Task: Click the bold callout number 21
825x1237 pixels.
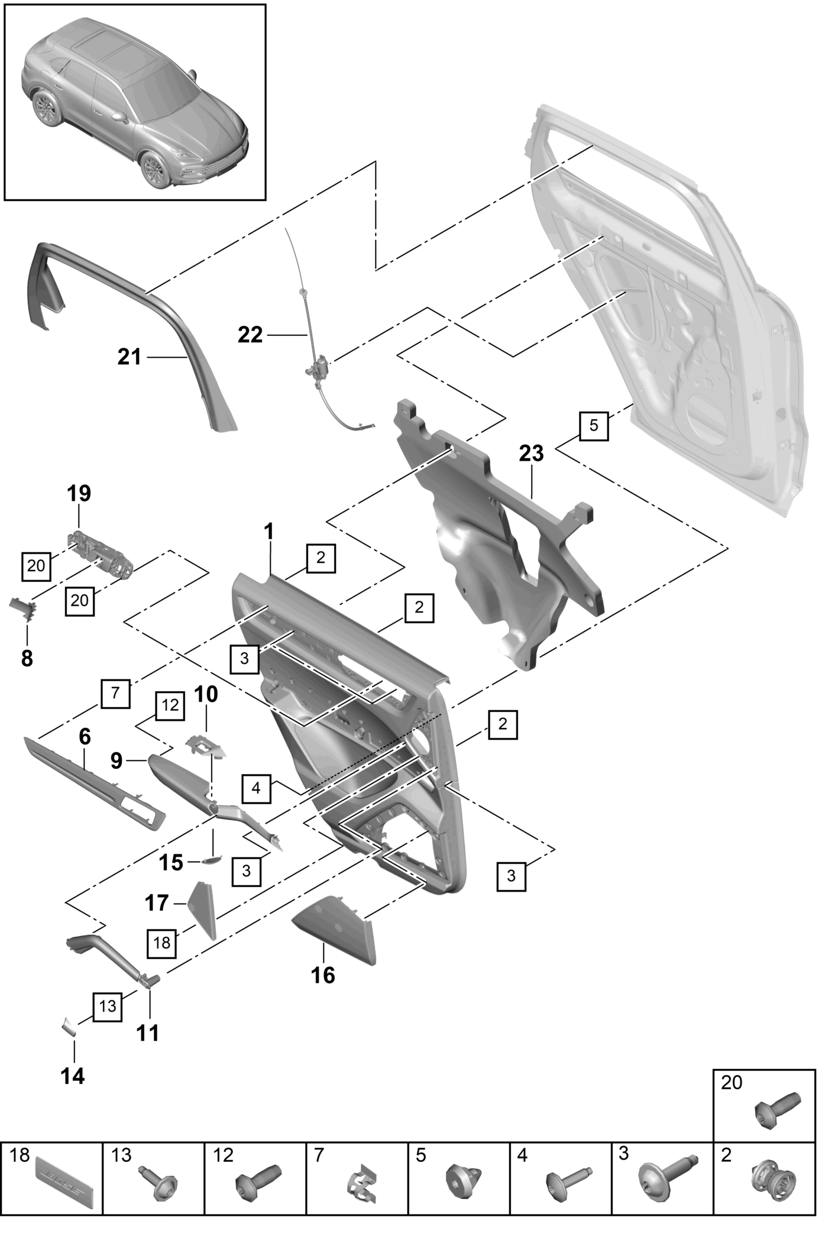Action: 130,357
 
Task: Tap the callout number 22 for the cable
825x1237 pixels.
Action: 250,335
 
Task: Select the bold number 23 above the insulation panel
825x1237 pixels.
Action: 531,454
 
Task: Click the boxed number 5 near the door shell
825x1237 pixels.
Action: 594,425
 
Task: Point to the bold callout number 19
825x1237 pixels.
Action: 79,493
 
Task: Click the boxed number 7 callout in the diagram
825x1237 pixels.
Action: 115,692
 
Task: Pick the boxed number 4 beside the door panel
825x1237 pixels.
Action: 255,788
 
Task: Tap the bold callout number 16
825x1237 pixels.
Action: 323,975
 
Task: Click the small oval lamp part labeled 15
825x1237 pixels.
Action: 211,860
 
